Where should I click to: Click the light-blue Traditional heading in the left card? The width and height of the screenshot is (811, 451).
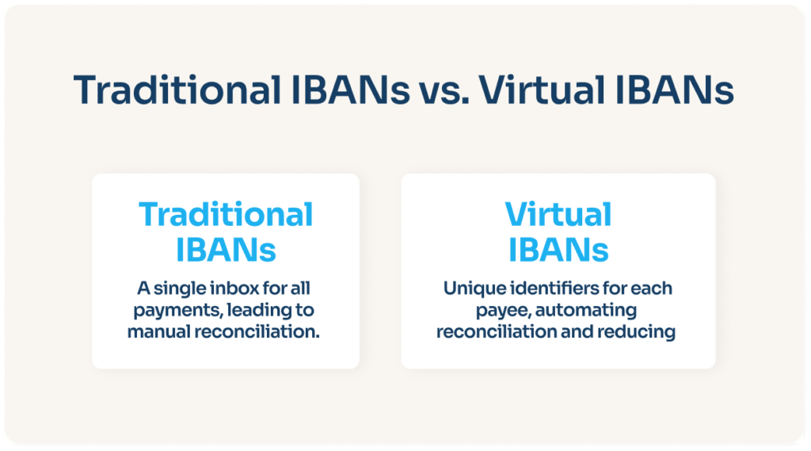[226, 215]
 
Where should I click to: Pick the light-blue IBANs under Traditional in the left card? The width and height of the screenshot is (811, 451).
[226, 250]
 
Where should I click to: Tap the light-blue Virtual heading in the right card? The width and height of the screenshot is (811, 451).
[558, 215]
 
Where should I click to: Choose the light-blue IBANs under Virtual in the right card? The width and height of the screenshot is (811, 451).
[558, 250]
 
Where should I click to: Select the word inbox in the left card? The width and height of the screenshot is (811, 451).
[227, 287]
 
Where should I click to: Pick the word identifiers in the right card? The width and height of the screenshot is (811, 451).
[538, 287]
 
